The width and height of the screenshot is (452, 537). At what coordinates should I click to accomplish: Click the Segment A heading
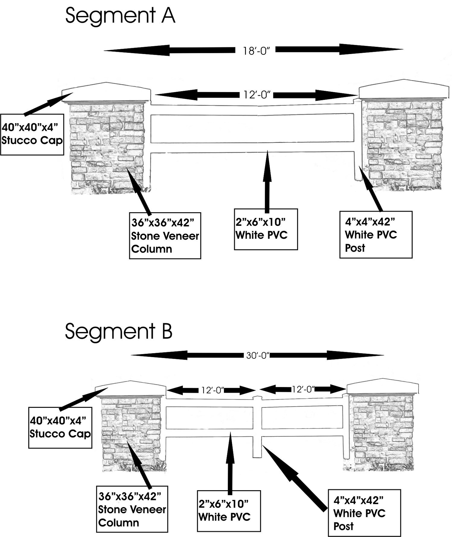(x=120, y=16)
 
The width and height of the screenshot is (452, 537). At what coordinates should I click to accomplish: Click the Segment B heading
(x=119, y=331)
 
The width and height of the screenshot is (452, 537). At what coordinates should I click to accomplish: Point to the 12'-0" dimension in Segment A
(x=257, y=95)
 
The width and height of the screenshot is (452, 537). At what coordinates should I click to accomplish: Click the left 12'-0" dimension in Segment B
(x=213, y=390)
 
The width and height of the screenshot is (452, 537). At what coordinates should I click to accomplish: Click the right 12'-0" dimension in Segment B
(x=303, y=389)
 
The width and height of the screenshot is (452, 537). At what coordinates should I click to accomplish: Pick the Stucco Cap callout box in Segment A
(x=32, y=134)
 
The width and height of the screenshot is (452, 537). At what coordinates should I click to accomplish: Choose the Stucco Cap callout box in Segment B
(x=60, y=427)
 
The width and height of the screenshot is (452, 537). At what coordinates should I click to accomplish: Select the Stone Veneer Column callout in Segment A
(x=165, y=236)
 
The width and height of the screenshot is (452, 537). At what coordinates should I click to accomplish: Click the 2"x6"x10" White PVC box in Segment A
(x=266, y=229)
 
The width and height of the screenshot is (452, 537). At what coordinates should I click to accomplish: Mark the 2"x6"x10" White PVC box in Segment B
(x=229, y=511)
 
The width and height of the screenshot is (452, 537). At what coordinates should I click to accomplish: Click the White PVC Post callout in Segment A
(x=376, y=235)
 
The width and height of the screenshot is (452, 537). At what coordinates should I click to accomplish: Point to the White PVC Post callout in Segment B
(x=364, y=513)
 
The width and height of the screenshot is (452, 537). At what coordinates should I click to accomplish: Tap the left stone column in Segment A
(x=108, y=148)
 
